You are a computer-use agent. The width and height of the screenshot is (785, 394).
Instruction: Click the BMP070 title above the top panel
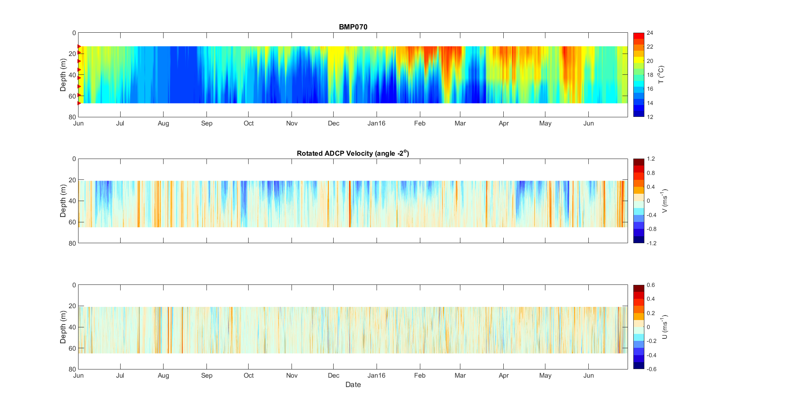(x=353, y=27)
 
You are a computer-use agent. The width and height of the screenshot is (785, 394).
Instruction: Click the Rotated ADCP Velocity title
(x=353, y=153)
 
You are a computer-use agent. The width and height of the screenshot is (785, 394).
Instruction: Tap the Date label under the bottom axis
(x=353, y=385)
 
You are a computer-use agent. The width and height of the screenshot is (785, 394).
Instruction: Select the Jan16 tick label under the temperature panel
(x=376, y=123)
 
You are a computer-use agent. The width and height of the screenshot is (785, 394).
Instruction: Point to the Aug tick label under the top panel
(x=163, y=123)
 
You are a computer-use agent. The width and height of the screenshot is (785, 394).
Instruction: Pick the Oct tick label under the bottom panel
(x=249, y=376)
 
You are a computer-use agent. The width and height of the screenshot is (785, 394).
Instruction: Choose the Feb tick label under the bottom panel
(x=419, y=376)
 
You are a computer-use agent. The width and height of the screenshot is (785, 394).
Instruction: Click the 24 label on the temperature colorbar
(x=650, y=33)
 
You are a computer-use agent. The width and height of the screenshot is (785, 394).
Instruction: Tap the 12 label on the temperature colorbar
(x=650, y=117)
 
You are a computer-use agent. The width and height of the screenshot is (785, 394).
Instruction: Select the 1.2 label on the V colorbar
(x=650, y=159)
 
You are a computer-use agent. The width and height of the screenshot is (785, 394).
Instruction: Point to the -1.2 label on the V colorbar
(x=651, y=243)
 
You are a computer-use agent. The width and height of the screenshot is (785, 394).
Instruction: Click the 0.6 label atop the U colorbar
(x=650, y=285)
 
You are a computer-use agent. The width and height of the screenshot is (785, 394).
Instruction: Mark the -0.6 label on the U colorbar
(x=651, y=369)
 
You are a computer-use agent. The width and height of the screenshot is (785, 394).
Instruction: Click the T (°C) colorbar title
(x=661, y=75)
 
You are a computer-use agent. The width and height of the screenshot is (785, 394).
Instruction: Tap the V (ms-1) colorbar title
(x=664, y=201)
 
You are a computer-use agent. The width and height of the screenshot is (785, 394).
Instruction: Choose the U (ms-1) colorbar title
(x=664, y=327)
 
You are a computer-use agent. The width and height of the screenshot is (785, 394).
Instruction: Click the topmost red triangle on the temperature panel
(x=79, y=47)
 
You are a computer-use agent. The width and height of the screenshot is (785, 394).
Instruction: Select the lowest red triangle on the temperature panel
(x=79, y=103)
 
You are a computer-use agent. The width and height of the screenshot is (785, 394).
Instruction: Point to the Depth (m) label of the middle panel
(x=63, y=201)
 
